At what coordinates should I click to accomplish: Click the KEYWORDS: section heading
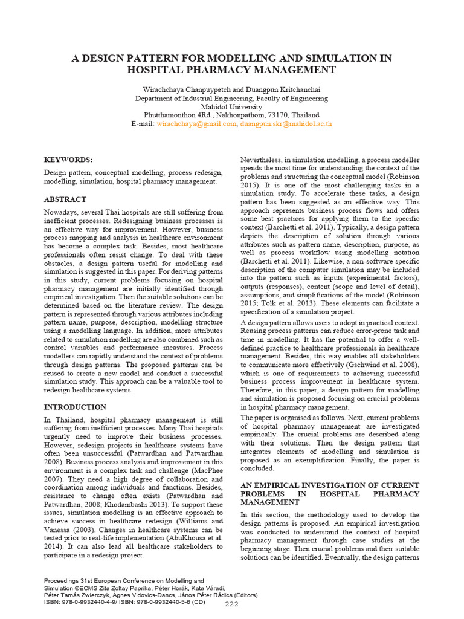69,160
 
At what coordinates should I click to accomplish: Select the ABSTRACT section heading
65,199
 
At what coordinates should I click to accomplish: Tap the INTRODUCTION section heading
75,407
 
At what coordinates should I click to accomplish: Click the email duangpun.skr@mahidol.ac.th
286,124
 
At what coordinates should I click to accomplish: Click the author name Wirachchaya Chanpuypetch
187,89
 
